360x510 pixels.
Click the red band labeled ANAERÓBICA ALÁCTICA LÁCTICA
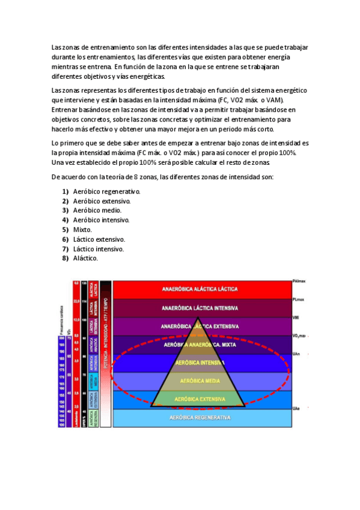point(200,289)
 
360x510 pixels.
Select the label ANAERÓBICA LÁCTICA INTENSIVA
point(200,308)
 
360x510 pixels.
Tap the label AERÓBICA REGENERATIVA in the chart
point(200,417)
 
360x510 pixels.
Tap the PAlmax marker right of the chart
point(299,281)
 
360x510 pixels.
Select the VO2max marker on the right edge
point(299,336)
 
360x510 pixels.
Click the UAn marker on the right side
point(296,354)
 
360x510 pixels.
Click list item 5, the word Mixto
point(82,230)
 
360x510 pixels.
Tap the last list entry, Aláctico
point(85,259)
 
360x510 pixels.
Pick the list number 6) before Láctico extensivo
point(65,239)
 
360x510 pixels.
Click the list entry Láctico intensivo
point(99,249)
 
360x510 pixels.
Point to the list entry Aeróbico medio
point(97,210)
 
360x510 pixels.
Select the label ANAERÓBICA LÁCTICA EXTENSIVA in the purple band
point(200,327)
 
